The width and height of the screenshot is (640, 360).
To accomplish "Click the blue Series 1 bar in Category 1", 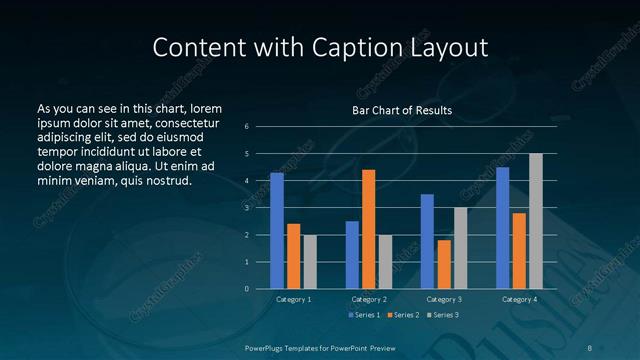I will tap(277, 231).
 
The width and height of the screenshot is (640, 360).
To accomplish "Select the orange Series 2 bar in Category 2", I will tap(368, 229).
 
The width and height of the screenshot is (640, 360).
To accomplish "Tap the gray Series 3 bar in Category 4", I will tap(536, 221).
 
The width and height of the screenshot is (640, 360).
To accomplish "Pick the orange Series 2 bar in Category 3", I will tap(444, 264).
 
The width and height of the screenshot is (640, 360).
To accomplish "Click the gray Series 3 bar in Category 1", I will tap(310, 262).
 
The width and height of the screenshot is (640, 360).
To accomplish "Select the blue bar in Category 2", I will tap(352, 255).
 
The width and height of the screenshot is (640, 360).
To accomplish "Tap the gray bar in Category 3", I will tap(460, 248).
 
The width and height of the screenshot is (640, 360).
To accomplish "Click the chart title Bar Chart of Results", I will tap(402, 110).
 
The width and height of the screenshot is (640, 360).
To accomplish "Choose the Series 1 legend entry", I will tap(364, 315).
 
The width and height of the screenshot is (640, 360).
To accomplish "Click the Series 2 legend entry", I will tap(403, 315).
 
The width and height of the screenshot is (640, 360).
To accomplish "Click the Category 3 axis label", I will tap(444, 299).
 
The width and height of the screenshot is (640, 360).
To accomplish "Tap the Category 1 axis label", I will tap(294, 299).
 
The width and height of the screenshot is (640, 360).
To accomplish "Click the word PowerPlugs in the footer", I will tap(266, 348).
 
